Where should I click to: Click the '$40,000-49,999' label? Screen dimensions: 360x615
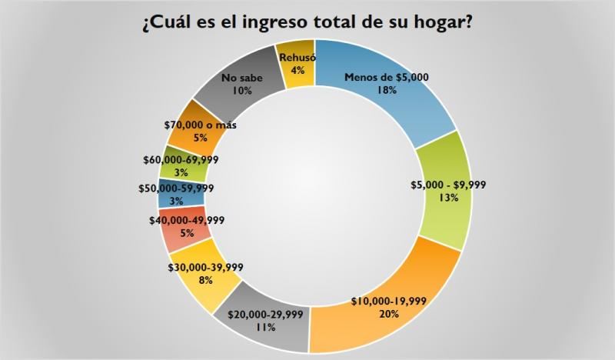[187, 219]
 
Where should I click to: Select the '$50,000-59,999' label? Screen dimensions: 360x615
[176, 188]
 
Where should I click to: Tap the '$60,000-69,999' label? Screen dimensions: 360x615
[181, 159]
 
